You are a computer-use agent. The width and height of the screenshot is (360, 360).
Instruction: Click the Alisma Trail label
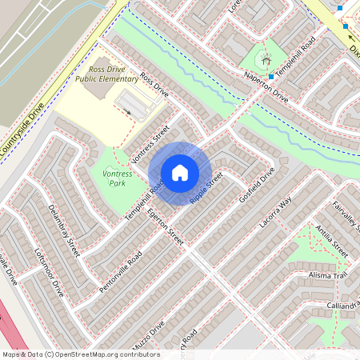click(x=328, y=274)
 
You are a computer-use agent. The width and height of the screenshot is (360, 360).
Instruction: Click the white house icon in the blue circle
click(x=180, y=172)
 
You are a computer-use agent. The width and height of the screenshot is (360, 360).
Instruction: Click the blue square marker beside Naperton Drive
click(x=272, y=77)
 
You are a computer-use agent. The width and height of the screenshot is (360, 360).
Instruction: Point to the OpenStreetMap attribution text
click(x=80, y=354)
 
